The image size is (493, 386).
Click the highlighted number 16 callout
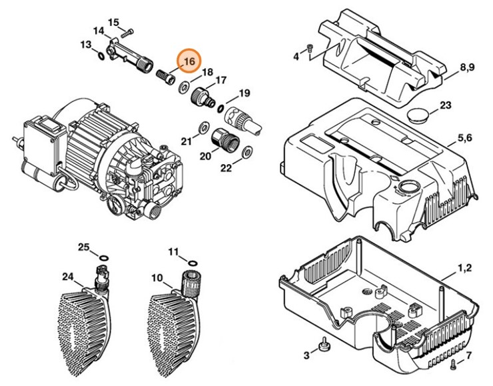tap(190, 61)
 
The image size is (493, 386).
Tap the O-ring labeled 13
tap(101, 56)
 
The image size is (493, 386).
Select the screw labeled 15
tap(127, 33)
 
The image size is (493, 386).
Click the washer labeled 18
tap(183, 87)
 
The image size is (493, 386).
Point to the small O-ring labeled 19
tap(221, 109)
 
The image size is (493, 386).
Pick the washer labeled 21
tap(204, 127)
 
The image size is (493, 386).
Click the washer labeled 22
tap(246, 152)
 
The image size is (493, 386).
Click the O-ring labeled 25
tap(104, 258)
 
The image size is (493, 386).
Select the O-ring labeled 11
tap(192, 263)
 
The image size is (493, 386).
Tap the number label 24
tap(68, 277)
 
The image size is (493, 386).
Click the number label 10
tap(157, 278)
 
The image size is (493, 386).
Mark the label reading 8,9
tap(468, 67)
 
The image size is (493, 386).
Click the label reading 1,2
tap(464, 268)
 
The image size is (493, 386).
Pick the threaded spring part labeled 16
tap(166, 77)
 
